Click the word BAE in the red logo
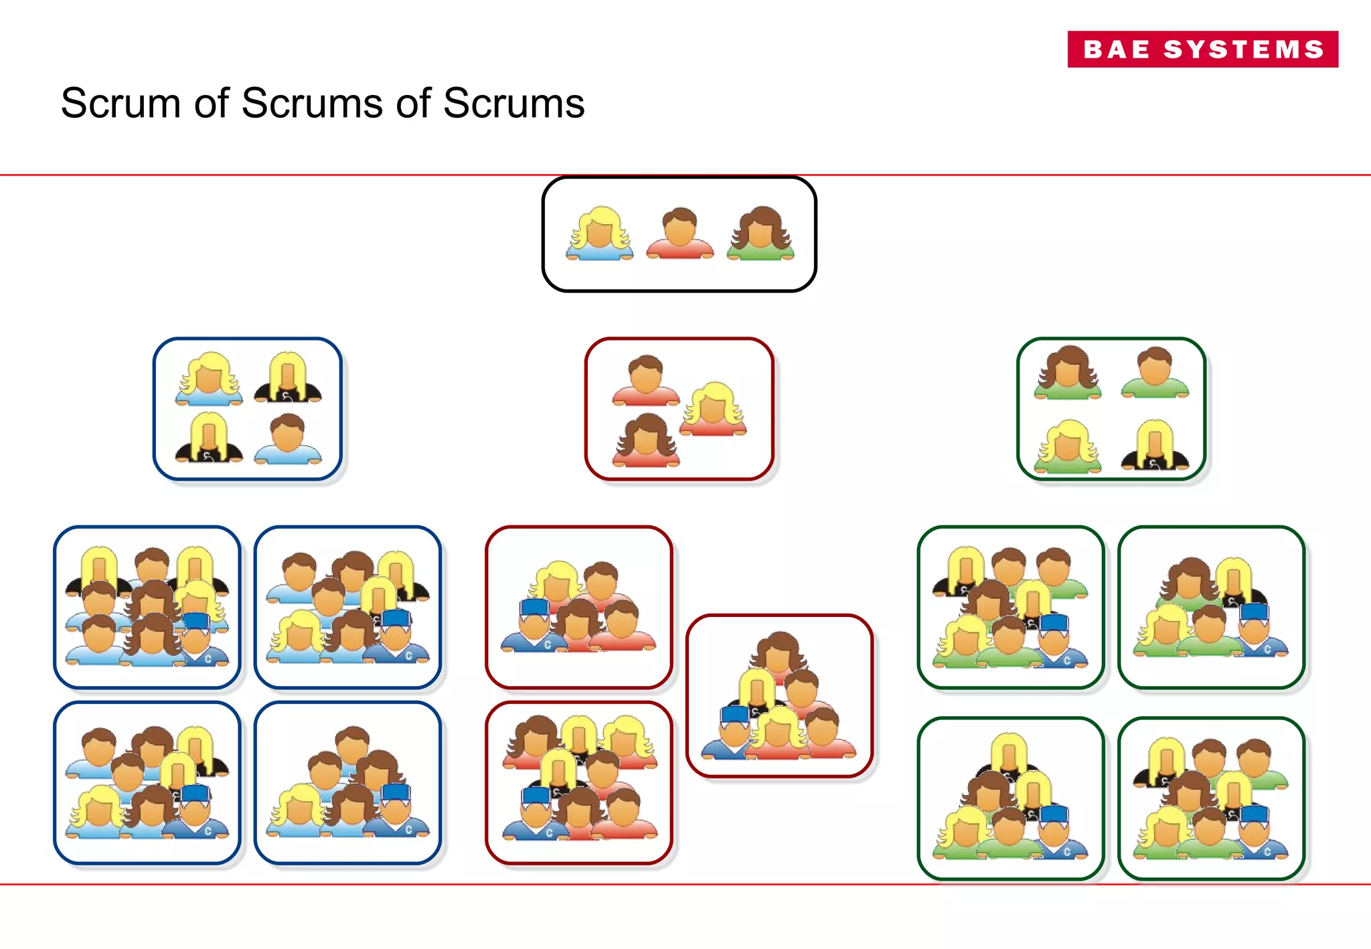tap(1116, 50)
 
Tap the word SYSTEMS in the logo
tap(1244, 50)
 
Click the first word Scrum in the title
tap(121, 104)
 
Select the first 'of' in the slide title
tap(212, 104)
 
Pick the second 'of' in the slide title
tap(413, 104)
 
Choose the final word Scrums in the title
tap(513, 104)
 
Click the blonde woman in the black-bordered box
tap(599, 234)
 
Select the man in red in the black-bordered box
tap(680, 234)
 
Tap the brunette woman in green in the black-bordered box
tap(760, 234)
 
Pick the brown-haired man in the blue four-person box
tap(288, 439)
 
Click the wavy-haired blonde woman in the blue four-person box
tap(209, 379)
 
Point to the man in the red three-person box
tap(646, 380)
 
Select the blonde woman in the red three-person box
tap(713, 409)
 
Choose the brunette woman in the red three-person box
tap(645, 440)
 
